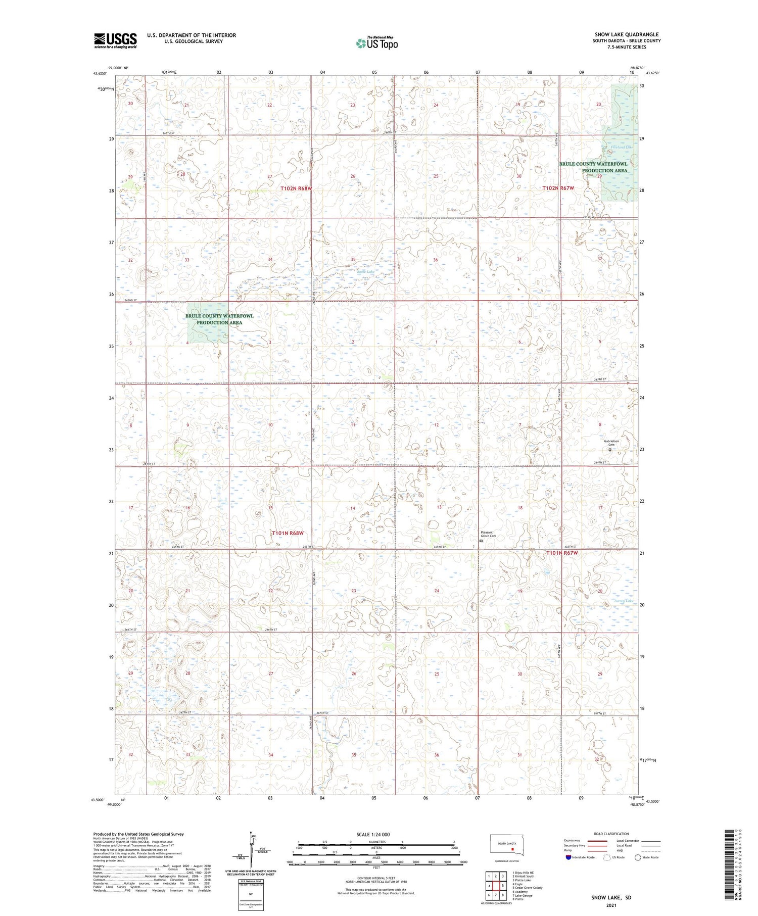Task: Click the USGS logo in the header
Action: tap(115, 40)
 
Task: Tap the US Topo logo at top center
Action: tap(377, 43)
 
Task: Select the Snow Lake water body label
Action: tap(366, 272)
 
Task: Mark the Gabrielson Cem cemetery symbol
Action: tap(609, 450)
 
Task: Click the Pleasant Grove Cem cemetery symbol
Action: tap(481, 541)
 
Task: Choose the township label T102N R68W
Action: tap(297, 188)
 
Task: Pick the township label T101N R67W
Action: tap(561, 553)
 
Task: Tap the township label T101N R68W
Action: tap(288, 533)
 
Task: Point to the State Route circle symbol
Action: tap(638, 857)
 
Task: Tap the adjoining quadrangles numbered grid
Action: tap(496, 885)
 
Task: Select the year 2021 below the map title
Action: tap(611, 904)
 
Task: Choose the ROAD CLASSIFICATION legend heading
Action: tap(611, 834)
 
